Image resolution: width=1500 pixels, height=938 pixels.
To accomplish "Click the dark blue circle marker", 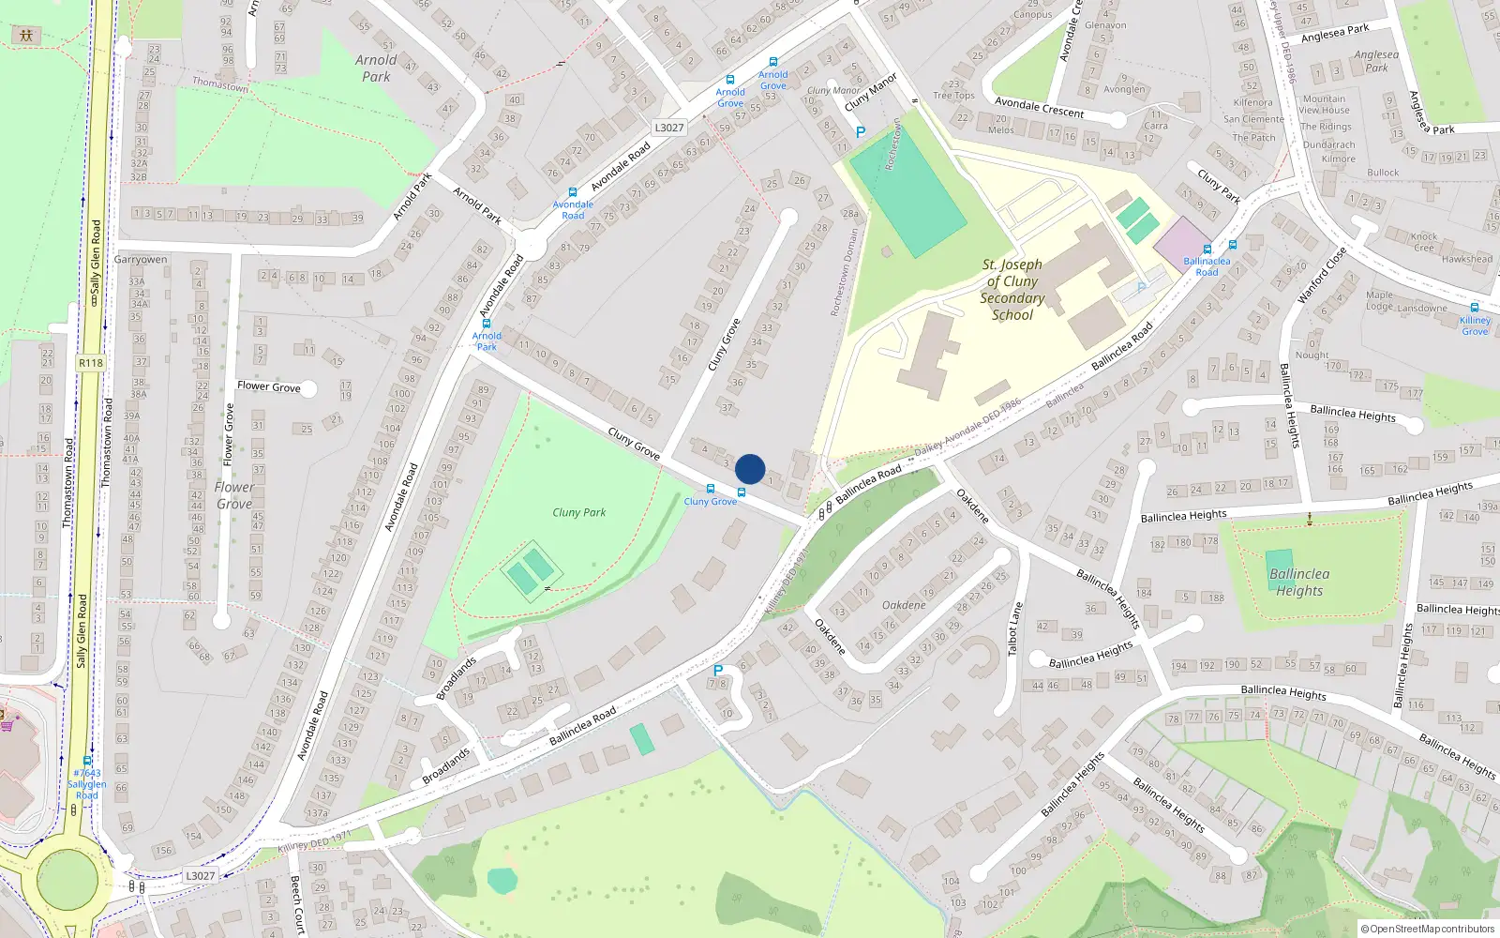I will click(x=750, y=469).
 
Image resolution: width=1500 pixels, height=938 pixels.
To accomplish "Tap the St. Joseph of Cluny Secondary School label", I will click(x=1012, y=290).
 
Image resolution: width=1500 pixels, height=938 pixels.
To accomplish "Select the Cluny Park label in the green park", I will click(x=578, y=512).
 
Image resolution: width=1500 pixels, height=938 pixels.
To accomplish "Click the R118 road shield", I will click(x=91, y=363).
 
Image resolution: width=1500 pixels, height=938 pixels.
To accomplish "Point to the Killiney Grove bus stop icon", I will click(x=1475, y=308).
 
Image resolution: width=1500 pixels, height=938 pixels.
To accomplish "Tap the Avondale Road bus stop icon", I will click(x=573, y=192).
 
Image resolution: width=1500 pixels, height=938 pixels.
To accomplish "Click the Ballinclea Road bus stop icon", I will click(x=1207, y=250).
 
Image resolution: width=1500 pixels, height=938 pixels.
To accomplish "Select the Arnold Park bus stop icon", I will click(x=487, y=324).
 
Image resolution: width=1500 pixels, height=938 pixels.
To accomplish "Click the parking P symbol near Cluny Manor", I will click(x=861, y=132).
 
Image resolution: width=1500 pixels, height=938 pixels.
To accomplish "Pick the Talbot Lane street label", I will click(x=1013, y=628).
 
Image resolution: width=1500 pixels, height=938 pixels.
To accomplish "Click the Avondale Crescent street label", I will click(x=1039, y=107).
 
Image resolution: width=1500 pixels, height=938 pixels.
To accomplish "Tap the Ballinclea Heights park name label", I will click(x=1299, y=582).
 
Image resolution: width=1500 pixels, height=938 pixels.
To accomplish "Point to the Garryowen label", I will click(x=141, y=260).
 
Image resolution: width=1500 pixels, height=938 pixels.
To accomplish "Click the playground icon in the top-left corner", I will click(x=25, y=36).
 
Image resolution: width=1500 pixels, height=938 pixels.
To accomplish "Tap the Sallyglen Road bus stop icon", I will click(x=87, y=762).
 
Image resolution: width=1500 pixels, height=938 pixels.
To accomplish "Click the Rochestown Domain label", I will click(x=845, y=273).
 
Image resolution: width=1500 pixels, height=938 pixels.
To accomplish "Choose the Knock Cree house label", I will click(x=1423, y=242).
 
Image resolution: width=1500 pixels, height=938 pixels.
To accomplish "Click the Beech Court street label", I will click(x=296, y=904).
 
